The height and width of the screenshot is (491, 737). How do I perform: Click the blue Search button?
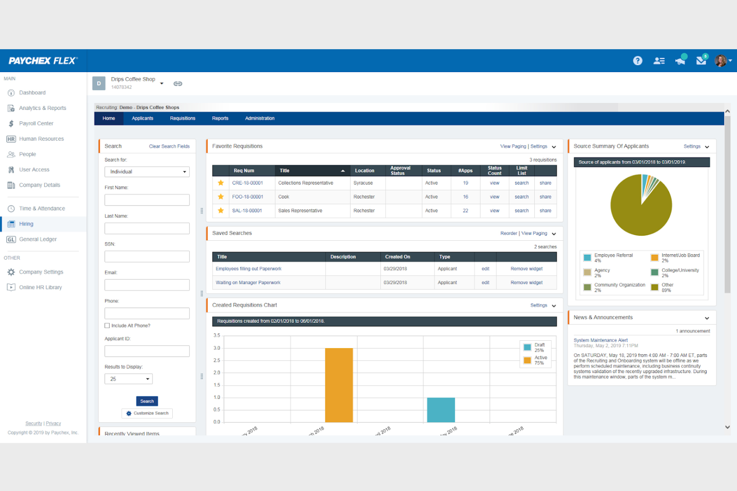click(147, 401)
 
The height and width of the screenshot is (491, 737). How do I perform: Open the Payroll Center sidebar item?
click(36, 123)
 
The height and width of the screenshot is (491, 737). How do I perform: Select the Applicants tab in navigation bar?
click(142, 118)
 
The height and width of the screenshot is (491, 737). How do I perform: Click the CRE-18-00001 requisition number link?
click(247, 183)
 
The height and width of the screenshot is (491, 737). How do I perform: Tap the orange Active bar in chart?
click(339, 385)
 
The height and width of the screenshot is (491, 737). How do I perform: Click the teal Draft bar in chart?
click(441, 410)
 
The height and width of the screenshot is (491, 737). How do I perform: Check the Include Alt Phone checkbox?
click(107, 326)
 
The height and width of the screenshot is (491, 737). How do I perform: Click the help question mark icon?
click(637, 61)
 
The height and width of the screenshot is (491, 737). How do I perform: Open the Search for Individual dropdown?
click(147, 172)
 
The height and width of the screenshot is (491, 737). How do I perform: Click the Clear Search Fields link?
click(169, 146)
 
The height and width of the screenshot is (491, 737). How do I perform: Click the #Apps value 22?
click(465, 211)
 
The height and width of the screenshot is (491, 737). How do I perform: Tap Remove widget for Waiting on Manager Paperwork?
click(526, 283)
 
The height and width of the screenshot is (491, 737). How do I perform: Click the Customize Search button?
click(147, 413)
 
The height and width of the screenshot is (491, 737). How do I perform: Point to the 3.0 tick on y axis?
click(217, 348)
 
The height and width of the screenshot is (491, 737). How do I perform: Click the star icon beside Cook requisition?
click(221, 197)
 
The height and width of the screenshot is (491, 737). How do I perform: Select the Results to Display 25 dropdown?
click(128, 379)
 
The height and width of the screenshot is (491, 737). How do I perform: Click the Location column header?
click(365, 171)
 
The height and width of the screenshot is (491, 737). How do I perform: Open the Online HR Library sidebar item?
click(40, 288)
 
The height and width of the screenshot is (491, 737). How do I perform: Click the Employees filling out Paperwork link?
click(248, 269)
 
